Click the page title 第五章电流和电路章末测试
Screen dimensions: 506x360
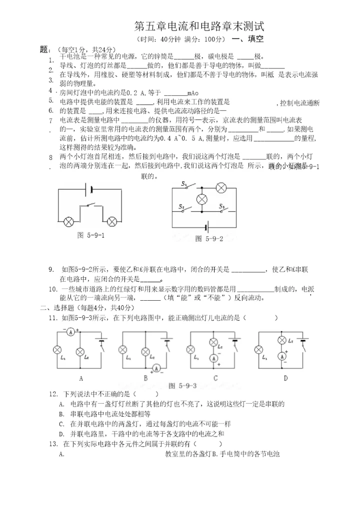(199, 26)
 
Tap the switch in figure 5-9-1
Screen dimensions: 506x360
(90, 205)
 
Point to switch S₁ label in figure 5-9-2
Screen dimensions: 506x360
(183, 184)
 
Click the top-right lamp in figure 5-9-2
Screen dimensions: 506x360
(221, 188)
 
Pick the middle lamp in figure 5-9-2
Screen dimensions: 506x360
(202, 199)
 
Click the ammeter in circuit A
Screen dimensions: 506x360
(71, 331)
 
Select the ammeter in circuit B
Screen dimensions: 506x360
(156, 368)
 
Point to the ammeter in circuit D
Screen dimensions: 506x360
(281, 356)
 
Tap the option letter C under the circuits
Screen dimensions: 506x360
(215, 378)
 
